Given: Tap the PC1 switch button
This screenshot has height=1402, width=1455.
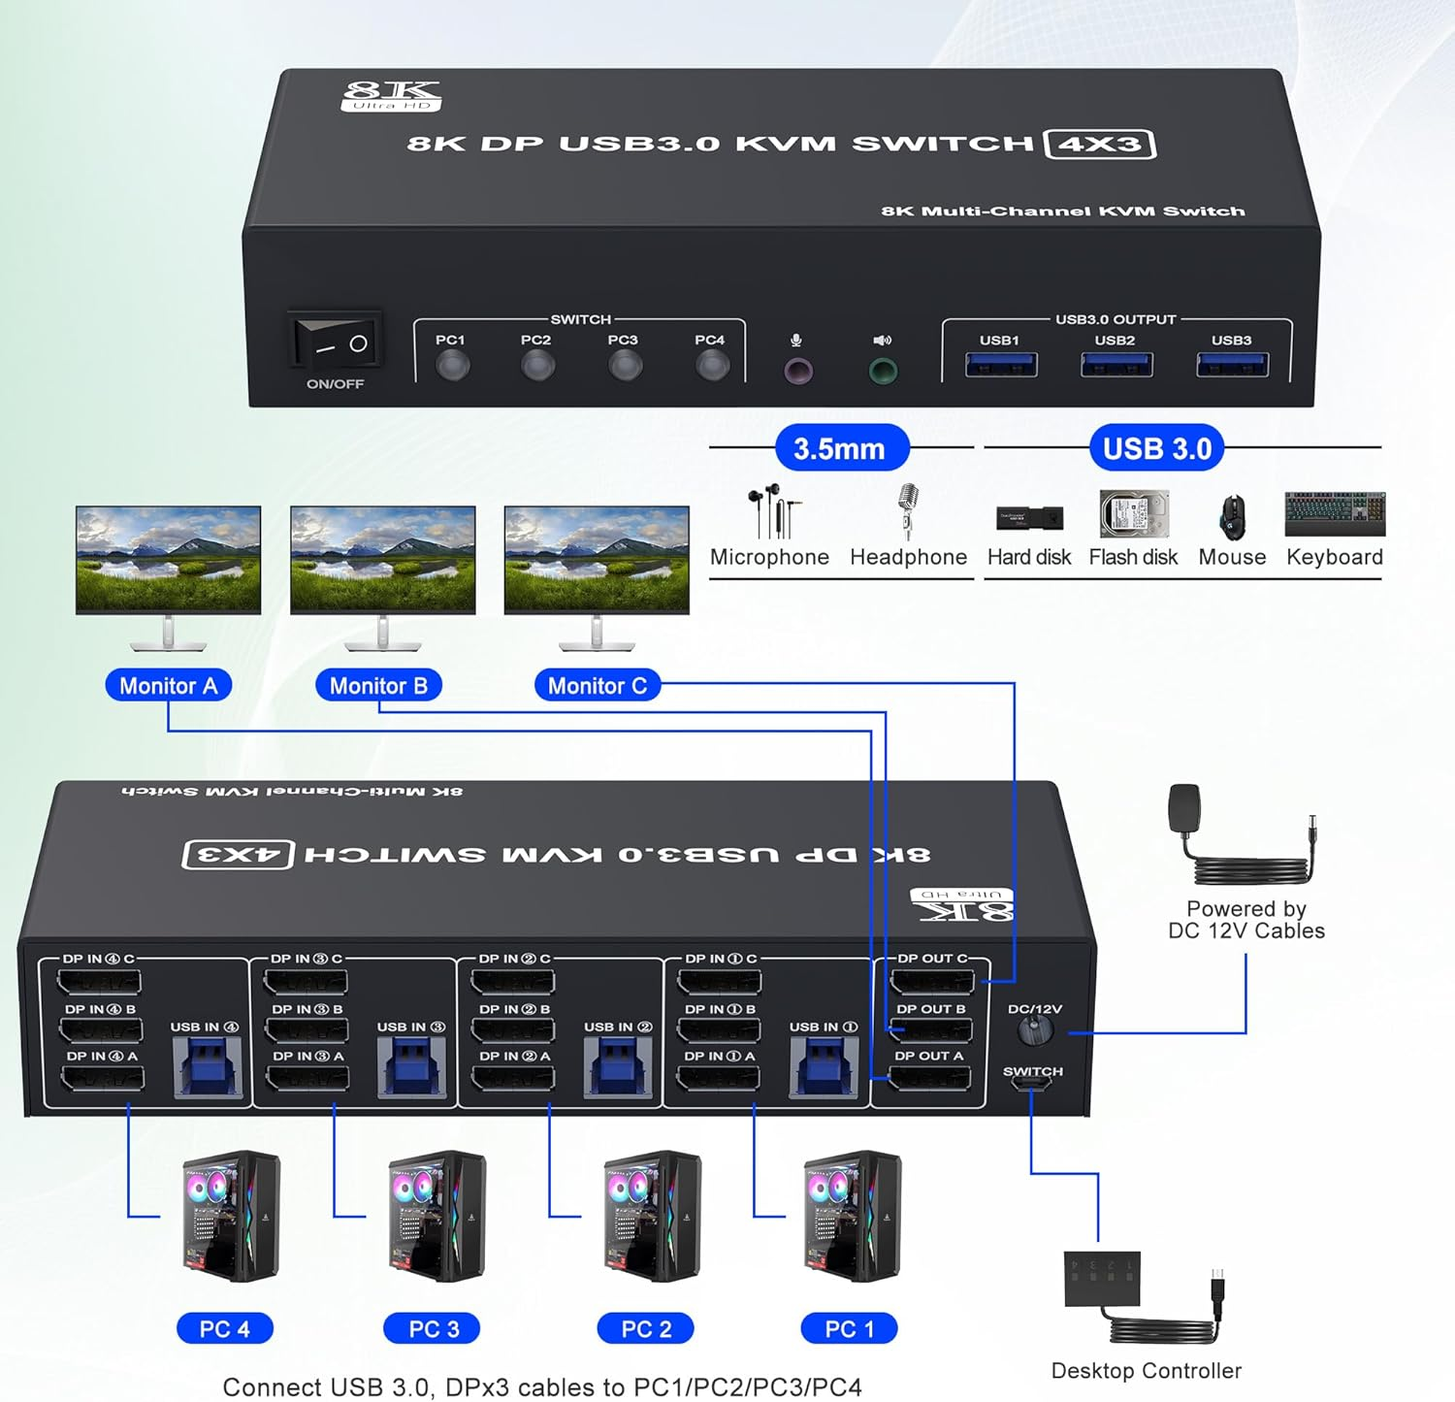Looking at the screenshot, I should click(452, 366).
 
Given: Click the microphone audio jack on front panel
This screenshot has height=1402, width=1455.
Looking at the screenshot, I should click(797, 371).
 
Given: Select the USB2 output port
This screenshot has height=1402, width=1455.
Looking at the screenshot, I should click(1115, 365).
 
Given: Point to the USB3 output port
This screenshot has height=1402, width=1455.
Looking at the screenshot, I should click(1232, 365).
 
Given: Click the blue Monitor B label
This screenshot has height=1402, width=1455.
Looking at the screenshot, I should click(378, 686).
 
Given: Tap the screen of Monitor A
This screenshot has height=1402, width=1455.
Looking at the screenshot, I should click(169, 559).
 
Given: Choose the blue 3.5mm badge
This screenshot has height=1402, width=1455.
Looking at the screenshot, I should click(840, 448).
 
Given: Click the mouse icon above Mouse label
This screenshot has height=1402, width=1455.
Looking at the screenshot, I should click(1232, 516).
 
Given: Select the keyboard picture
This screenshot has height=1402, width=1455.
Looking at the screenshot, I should click(1335, 514).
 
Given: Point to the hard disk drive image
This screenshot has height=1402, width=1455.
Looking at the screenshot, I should click(1133, 514).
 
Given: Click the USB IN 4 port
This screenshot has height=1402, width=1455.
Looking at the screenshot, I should click(208, 1066).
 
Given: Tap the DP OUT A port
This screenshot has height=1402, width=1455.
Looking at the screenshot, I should click(929, 1077).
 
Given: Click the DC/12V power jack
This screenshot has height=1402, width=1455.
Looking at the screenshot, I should click(1036, 1030).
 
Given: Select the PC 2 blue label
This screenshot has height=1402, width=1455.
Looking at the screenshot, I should click(645, 1328).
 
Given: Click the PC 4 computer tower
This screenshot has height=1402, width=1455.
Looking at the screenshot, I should click(231, 1217).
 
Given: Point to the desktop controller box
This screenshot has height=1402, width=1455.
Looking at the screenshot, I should click(1102, 1279).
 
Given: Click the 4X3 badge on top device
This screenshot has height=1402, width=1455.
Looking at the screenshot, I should click(1099, 145).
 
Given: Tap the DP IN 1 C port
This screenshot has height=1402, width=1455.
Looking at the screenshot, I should click(719, 982).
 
